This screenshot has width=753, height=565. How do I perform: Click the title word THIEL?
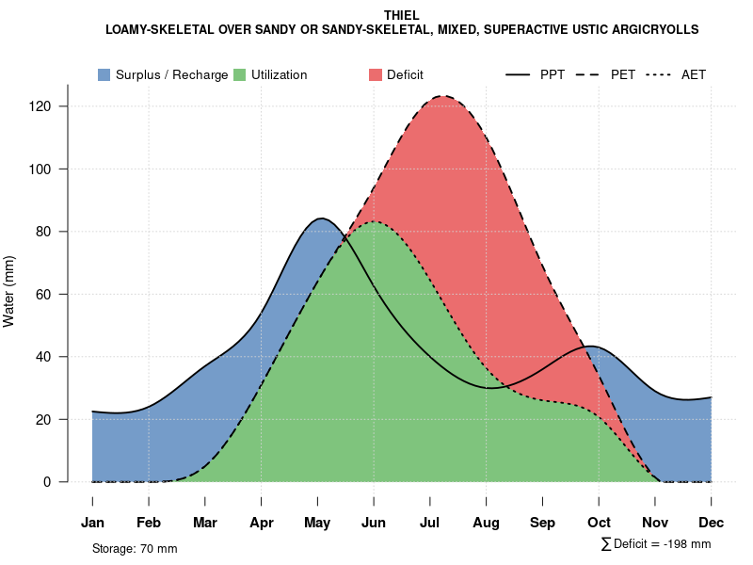(x=402, y=15)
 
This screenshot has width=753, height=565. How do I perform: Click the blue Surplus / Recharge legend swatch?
(x=104, y=74)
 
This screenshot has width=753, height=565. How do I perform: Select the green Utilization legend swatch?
(x=239, y=74)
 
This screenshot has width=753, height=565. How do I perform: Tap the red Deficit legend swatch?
(x=375, y=74)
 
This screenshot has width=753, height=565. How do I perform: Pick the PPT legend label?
(x=553, y=74)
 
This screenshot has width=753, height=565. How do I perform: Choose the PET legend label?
(x=622, y=74)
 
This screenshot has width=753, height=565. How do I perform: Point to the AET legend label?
(x=694, y=74)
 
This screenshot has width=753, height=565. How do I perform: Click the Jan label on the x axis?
(x=92, y=523)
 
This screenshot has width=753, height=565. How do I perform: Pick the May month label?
(x=317, y=523)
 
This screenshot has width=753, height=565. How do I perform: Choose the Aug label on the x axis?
(x=486, y=523)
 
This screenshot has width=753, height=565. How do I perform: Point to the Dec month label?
(x=711, y=523)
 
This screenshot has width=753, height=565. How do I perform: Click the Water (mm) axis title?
(x=9, y=291)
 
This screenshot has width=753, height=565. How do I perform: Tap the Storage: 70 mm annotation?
(x=135, y=548)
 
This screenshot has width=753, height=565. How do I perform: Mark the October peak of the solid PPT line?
(x=590, y=347)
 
